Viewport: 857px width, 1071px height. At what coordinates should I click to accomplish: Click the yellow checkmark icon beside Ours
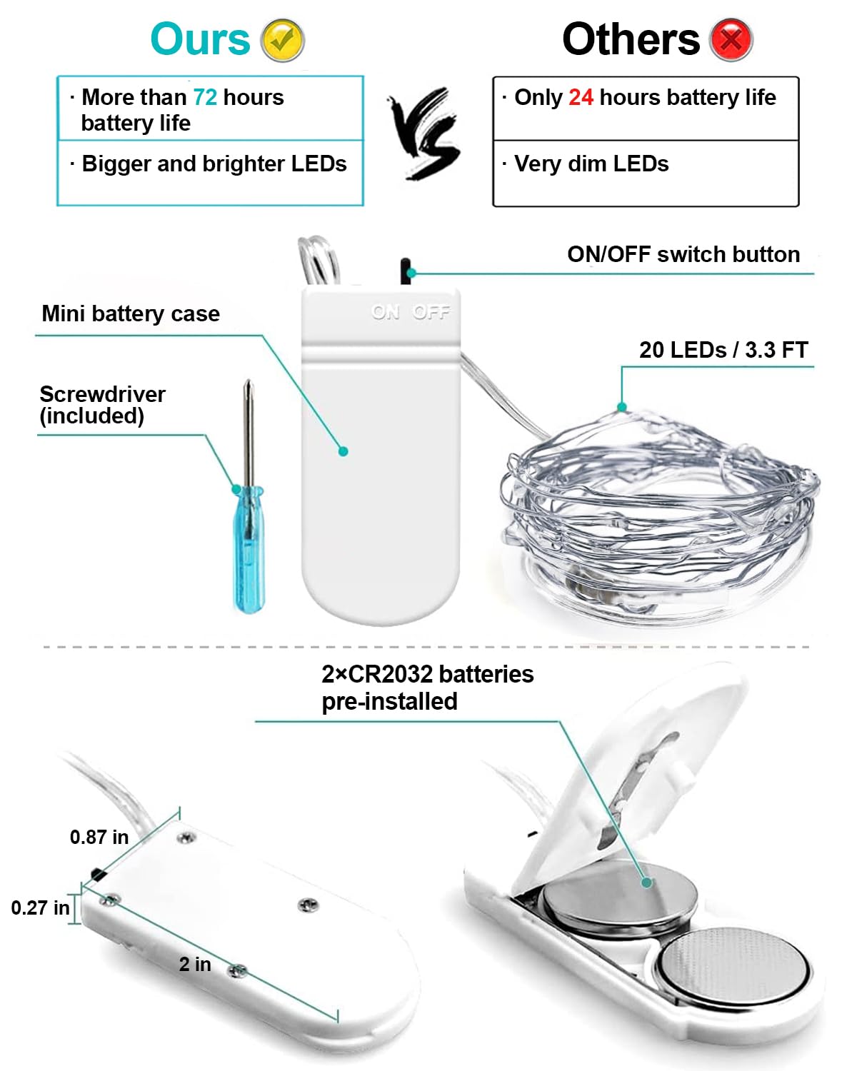(x=283, y=40)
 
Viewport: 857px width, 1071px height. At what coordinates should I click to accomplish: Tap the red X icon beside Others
(x=731, y=40)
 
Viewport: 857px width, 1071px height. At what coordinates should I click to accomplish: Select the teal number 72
(x=205, y=97)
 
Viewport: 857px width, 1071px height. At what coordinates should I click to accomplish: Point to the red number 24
(x=581, y=97)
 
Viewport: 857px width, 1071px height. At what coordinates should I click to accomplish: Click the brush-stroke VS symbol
(x=425, y=134)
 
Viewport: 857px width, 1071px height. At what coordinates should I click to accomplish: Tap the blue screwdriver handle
(x=249, y=549)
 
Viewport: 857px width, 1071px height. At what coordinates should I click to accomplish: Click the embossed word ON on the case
(x=386, y=312)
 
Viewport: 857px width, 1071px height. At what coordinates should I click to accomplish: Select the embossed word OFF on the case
(x=431, y=312)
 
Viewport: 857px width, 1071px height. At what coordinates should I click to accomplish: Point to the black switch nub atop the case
(x=406, y=271)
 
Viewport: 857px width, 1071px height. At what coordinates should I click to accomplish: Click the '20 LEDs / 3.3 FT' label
(x=723, y=350)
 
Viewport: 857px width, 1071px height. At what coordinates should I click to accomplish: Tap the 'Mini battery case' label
(x=131, y=313)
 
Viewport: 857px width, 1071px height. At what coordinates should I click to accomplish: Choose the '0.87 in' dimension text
(x=99, y=837)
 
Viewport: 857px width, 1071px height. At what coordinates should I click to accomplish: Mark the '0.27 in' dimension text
(x=40, y=907)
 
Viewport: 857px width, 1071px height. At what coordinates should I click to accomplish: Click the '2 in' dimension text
(x=195, y=964)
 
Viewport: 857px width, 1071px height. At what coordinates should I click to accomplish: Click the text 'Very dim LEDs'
(x=591, y=164)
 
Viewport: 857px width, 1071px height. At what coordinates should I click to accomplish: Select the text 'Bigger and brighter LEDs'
(x=214, y=164)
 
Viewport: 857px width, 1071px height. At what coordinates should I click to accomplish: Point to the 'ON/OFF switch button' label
(x=683, y=254)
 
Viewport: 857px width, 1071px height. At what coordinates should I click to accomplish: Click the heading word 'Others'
(x=631, y=40)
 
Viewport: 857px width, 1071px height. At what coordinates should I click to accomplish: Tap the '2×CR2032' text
(x=378, y=674)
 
